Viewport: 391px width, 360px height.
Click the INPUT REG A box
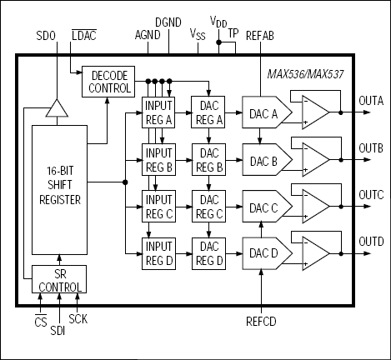pos(158,112)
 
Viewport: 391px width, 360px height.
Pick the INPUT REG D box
pos(158,252)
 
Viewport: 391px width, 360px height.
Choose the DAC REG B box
pos(208,159)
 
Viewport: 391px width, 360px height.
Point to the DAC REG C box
pos(208,206)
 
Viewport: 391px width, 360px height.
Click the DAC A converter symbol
pos(265,112)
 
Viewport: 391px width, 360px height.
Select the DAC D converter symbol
pos(265,252)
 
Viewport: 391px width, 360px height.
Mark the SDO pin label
pos(48,37)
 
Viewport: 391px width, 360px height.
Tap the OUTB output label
pos(370,147)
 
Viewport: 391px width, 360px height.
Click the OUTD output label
pos(370,242)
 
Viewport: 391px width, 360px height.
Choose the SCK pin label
pos(78,317)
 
